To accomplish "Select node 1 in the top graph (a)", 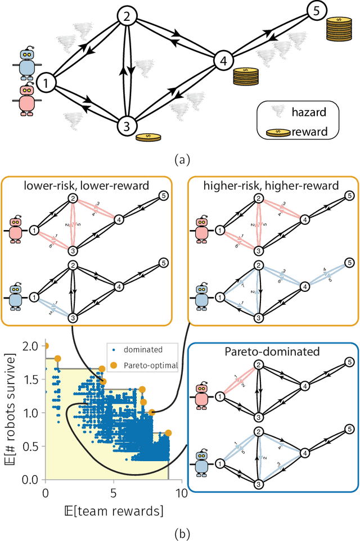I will (x=47, y=84).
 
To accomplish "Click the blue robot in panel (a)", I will (x=26, y=62).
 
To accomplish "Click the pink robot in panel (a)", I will (x=26, y=99).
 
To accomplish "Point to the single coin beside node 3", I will (x=147, y=136).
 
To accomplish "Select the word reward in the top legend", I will (x=308, y=132).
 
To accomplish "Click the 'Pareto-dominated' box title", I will (x=273, y=352).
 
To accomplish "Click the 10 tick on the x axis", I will (x=181, y=493).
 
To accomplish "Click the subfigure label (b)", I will (x=179, y=531).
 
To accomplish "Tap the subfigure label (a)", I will (x=179, y=160).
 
